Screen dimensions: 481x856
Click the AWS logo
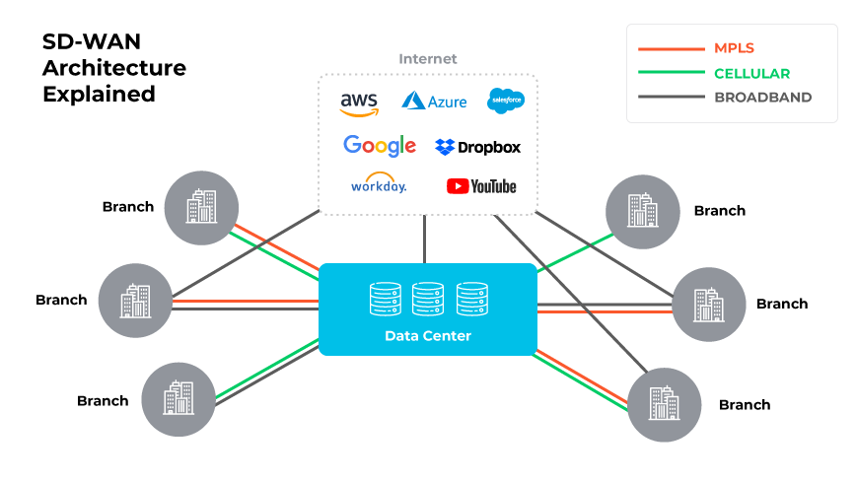(x=359, y=102)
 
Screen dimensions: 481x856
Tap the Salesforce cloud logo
(x=506, y=100)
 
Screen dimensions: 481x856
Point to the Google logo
(x=380, y=146)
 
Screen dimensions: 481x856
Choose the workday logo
(x=378, y=184)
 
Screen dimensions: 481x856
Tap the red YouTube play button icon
(x=457, y=185)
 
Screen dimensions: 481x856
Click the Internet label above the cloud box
(x=428, y=59)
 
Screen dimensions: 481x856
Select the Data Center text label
(x=428, y=336)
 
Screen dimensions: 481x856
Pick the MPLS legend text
(x=734, y=47)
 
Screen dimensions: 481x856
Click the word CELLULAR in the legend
(x=751, y=73)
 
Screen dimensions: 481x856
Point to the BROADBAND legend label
(x=762, y=98)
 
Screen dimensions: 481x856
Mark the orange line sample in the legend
(x=670, y=47)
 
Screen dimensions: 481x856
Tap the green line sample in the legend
(x=670, y=73)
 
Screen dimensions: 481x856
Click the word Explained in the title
(x=98, y=95)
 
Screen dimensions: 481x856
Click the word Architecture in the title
(x=113, y=69)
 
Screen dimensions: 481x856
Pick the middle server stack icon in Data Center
(x=428, y=298)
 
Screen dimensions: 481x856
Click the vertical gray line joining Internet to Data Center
(x=425, y=239)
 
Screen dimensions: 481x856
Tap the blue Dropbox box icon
(x=445, y=147)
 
